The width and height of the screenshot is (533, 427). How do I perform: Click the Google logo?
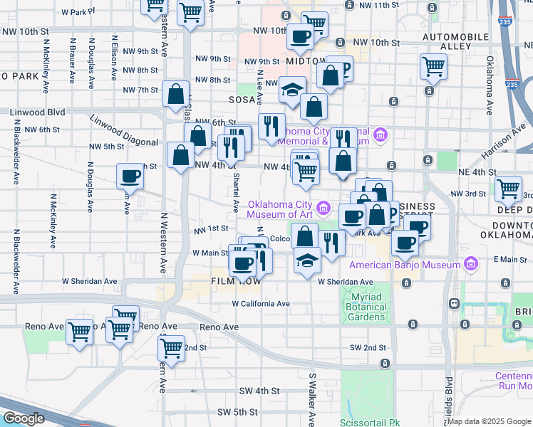[x=23, y=418]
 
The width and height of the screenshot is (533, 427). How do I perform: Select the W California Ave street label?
[x=261, y=304]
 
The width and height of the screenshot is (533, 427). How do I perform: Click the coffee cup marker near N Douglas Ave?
[x=130, y=176]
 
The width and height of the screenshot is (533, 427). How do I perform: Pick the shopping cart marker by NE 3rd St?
[x=508, y=189]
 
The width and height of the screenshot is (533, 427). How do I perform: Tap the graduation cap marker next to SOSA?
[x=291, y=90]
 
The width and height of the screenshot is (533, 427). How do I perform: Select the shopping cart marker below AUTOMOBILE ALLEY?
[x=433, y=67]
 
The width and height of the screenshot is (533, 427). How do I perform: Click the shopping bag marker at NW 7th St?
[x=175, y=94]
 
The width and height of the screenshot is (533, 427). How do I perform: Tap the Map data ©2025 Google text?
[x=489, y=421]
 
